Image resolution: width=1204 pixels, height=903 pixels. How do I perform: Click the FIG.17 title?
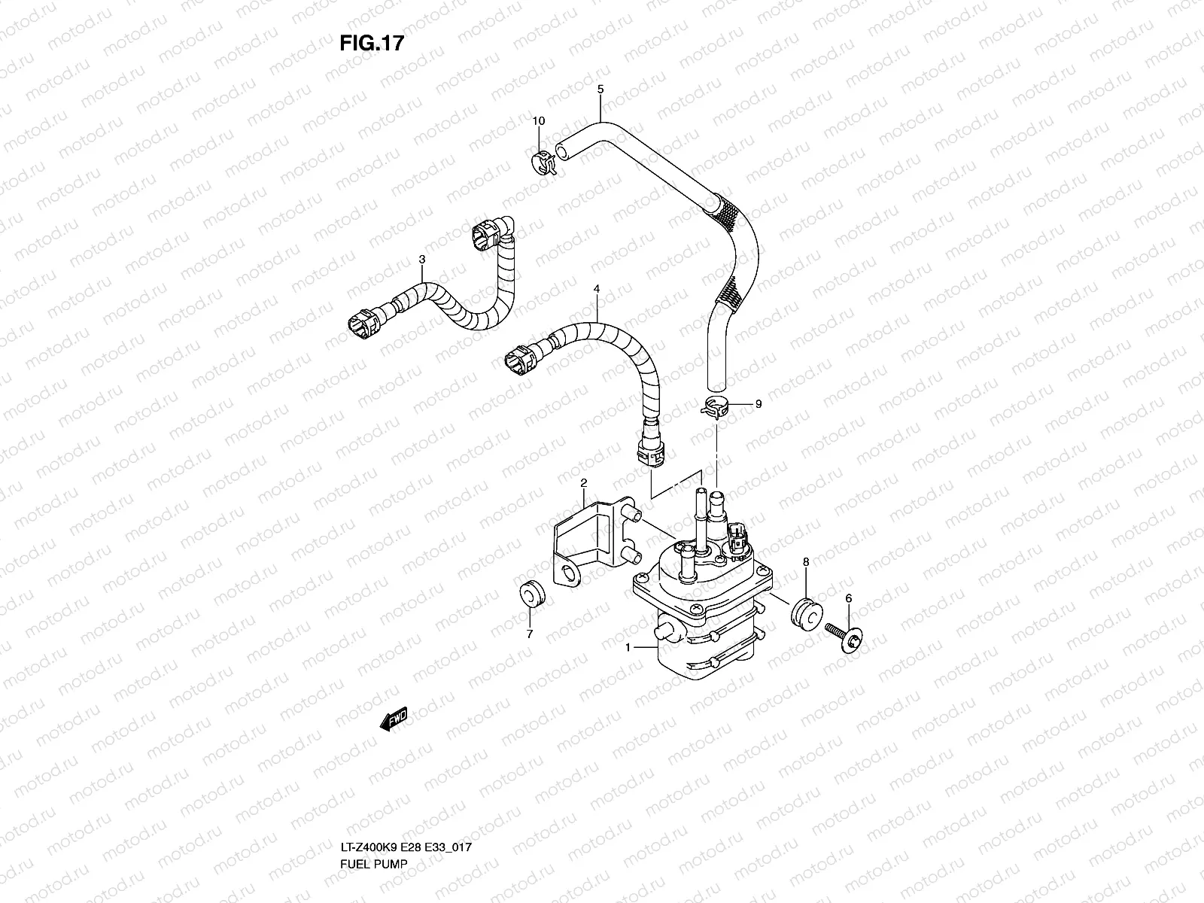click(372, 43)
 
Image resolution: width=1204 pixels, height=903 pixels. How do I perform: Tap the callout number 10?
click(539, 120)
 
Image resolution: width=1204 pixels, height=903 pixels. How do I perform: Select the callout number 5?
click(600, 90)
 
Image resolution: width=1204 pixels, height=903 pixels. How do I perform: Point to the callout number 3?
click(422, 260)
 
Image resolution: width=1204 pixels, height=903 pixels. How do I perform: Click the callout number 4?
click(597, 288)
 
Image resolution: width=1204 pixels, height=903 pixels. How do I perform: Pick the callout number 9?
click(759, 404)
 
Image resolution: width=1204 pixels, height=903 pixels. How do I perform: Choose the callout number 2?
click(582, 482)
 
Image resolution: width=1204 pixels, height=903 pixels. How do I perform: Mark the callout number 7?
click(529, 634)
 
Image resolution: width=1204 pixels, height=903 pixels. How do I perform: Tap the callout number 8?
click(805, 561)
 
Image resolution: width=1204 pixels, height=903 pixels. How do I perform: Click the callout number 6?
click(849, 598)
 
